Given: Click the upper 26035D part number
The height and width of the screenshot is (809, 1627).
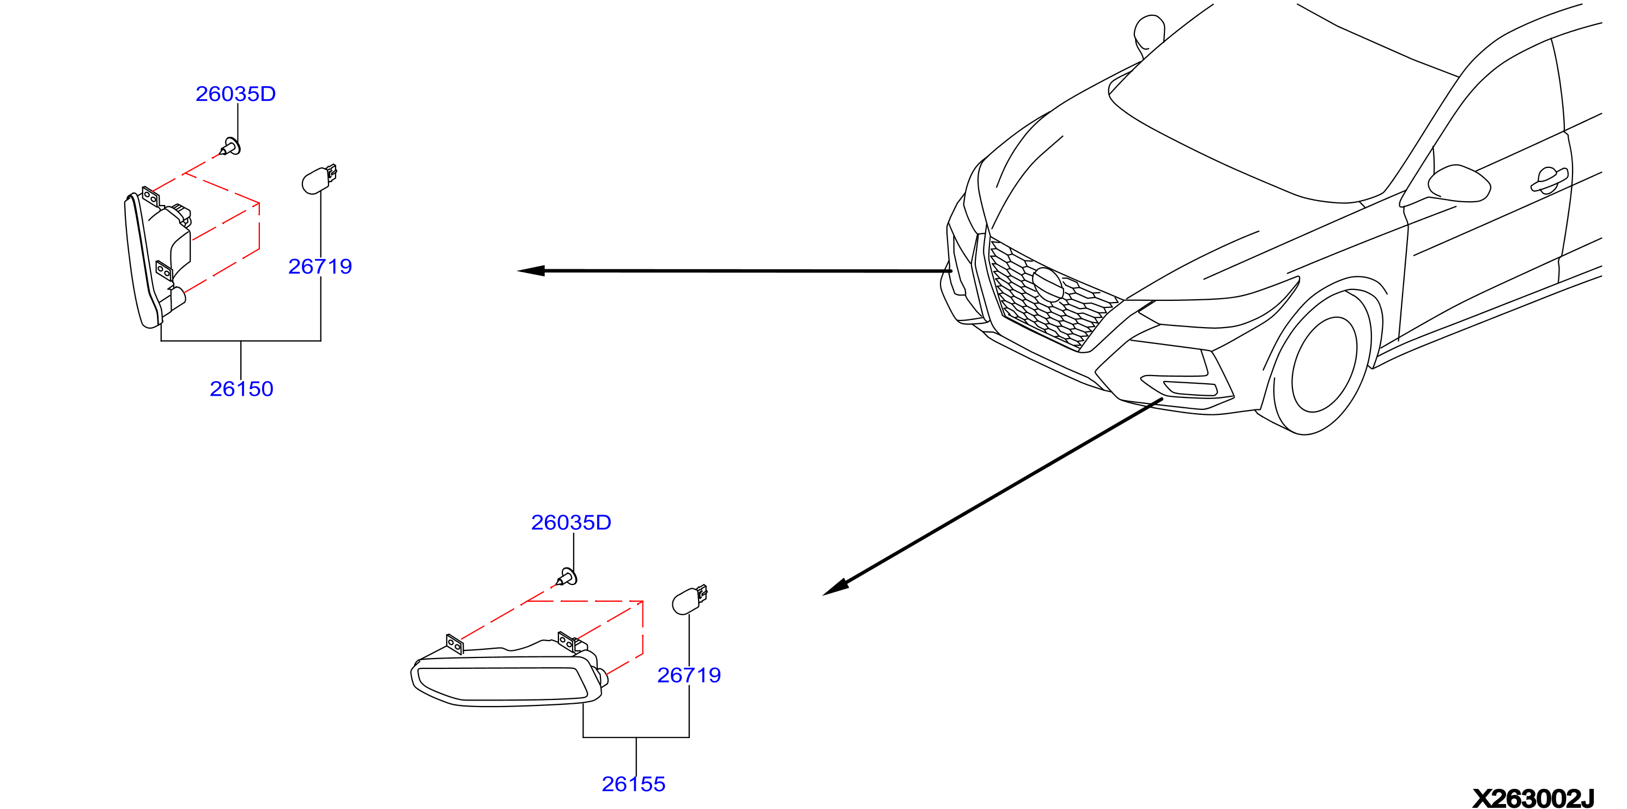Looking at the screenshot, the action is pos(235,94).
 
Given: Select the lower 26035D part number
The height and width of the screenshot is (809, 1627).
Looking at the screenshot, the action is pos(571,522).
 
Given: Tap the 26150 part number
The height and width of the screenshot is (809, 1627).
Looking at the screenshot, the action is pos(241,389).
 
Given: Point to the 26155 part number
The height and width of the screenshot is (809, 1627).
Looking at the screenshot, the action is pos(634,784).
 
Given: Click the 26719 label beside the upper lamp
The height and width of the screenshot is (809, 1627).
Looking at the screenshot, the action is pos(320,266).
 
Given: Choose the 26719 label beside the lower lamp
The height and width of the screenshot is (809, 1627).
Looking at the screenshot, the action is pos(689,675).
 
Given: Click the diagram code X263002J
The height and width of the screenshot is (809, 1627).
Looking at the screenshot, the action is pos(1533,798).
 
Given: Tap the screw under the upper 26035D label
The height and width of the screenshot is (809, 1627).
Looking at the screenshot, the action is pos(230,147).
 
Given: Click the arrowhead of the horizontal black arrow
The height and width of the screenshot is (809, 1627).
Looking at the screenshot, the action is pos(531,270).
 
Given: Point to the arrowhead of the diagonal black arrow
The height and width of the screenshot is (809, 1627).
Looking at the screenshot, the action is pos(835,587).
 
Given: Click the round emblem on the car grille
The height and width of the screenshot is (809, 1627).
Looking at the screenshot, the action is pos(1048,284).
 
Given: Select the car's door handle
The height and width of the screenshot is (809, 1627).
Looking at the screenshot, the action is pos(1549,180).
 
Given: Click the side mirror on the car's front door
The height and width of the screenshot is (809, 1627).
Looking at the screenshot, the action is pos(1459,184).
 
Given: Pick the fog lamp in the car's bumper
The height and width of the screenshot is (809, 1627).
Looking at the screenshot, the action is pos(1190,388).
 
